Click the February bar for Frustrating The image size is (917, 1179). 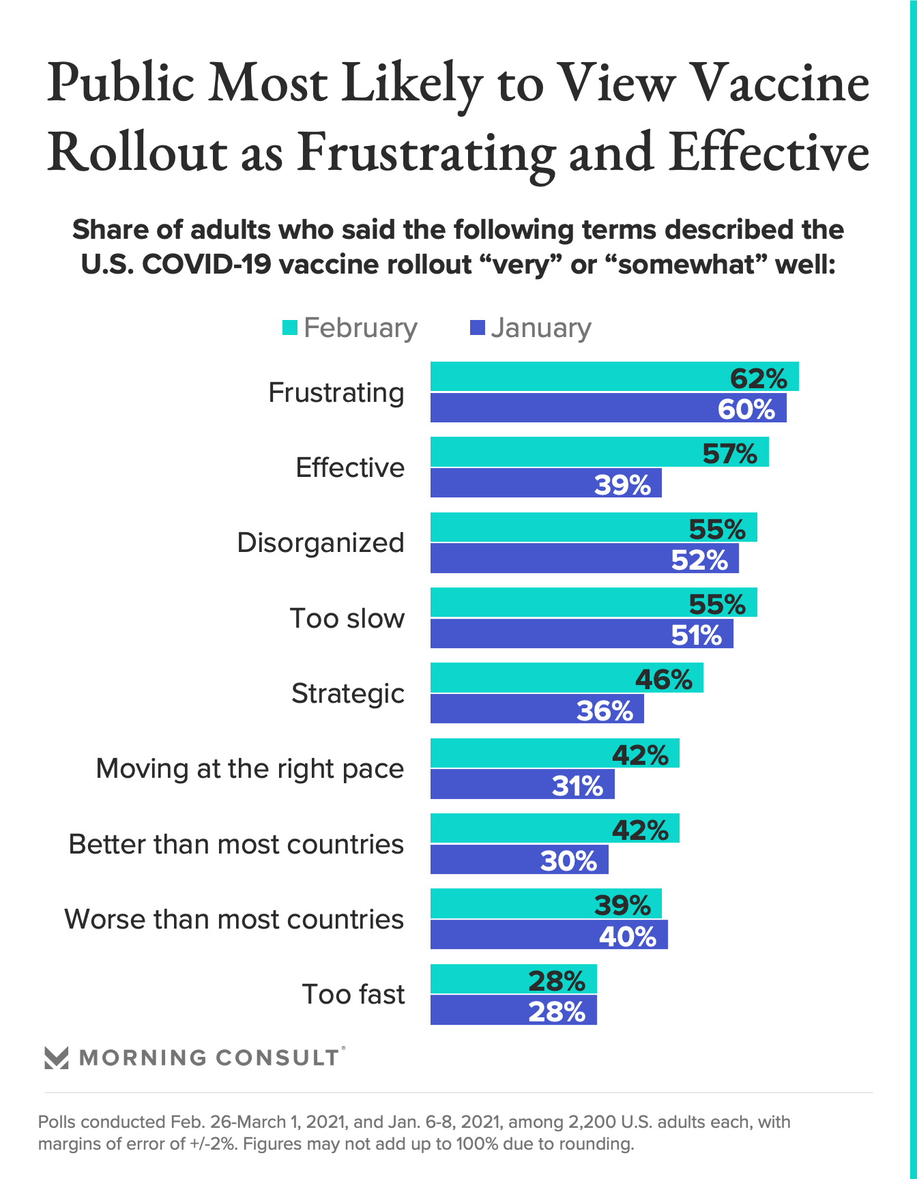pyautogui.click(x=614, y=377)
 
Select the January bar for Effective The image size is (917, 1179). pyautogui.click(x=546, y=483)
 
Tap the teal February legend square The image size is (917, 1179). pyautogui.click(x=290, y=328)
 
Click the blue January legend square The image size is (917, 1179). pyautogui.click(x=478, y=328)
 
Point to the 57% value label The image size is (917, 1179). pyautogui.click(x=729, y=453)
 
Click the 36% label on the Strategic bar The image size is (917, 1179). pyautogui.click(x=605, y=711)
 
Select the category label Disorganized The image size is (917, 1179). pyautogui.click(x=321, y=543)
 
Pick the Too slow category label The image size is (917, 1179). pyautogui.click(x=347, y=618)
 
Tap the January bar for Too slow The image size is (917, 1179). pyautogui.click(x=581, y=634)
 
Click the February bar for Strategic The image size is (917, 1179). pyautogui.click(x=566, y=678)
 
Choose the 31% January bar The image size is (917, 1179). pyautogui.click(x=522, y=784)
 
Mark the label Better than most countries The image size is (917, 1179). pyautogui.click(x=236, y=844)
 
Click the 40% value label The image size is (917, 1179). pyautogui.click(x=627, y=936)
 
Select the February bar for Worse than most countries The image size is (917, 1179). pyautogui.click(x=546, y=903)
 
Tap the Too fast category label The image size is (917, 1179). pyautogui.click(x=353, y=994)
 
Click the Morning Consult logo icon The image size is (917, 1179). pyautogui.click(x=56, y=1058)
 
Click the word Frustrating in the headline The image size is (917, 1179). pyautogui.click(x=426, y=151)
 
